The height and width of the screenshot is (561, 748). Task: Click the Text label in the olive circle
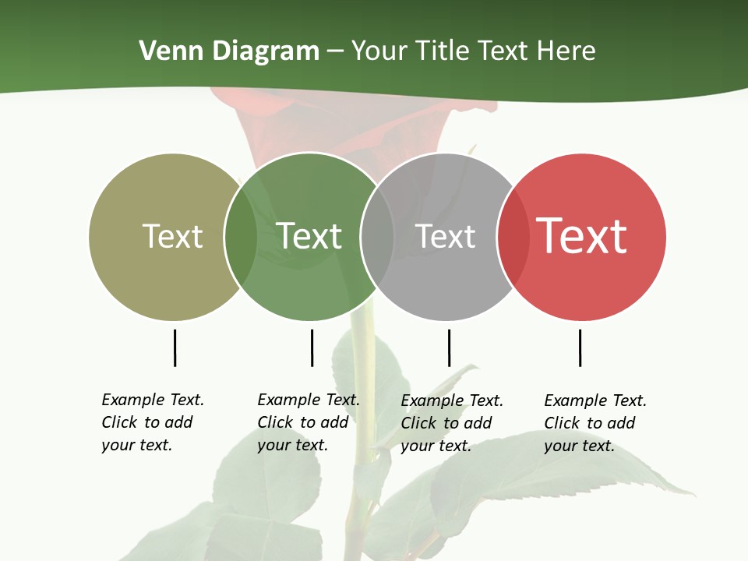[x=172, y=236]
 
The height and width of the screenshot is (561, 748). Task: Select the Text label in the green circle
[x=309, y=236]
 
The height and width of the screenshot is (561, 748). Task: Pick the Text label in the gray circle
[x=445, y=236]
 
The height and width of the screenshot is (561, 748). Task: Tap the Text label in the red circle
[x=581, y=236]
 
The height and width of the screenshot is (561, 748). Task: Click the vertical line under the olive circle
[x=175, y=348]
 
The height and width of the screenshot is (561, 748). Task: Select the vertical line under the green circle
[x=312, y=348]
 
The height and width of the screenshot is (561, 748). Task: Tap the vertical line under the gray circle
[x=449, y=348]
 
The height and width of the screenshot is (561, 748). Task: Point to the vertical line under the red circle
[x=580, y=348]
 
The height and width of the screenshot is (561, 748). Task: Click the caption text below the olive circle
[x=153, y=422]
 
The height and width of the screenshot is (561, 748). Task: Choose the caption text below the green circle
[x=309, y=422]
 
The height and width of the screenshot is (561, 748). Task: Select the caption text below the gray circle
[x=452, y=423]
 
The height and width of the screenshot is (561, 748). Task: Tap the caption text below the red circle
[x=595, y=423]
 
